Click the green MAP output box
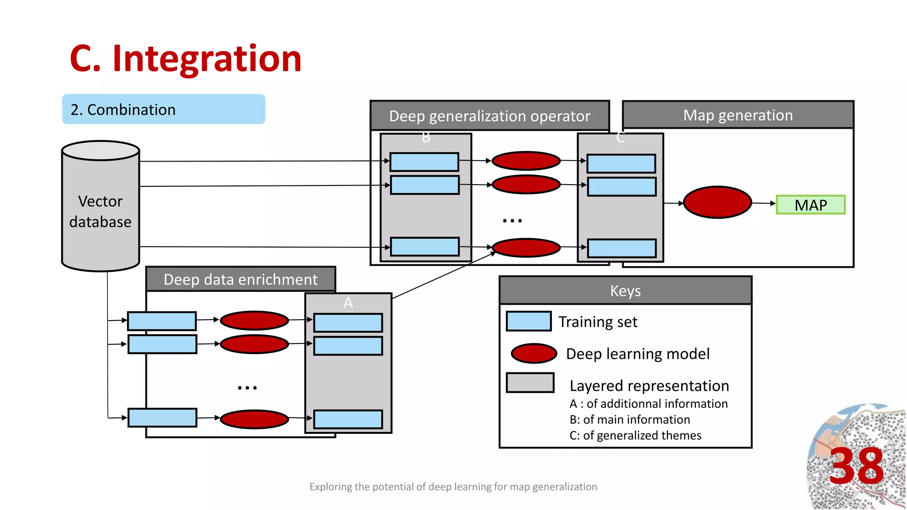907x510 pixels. click(x=810, y=205)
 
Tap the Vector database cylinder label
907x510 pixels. click(x=101, y=212)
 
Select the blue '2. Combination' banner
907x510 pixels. click(x=163, y=109)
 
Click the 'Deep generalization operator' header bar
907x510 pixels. click(x=489, y=116)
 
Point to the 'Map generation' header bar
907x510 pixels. click(x=738, y=115)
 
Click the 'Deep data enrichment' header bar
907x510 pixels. click(x=240, y=279)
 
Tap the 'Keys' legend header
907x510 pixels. click(x=625, y=291)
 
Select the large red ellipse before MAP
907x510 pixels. click(x=717, y=202)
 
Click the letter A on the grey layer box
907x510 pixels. click(x=348, y=303)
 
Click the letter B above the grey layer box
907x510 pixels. click(x=426, y=138)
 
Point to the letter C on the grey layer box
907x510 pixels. click(x=620, y=138)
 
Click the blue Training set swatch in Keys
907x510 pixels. click(x=529, y=321)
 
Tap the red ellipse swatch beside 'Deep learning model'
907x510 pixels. click(x=534, y=353)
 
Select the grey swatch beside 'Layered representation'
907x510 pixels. click(x=530, y=382)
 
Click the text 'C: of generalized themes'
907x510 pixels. click(x=635, y=436)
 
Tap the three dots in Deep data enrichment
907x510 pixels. click(x=247, y=388)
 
